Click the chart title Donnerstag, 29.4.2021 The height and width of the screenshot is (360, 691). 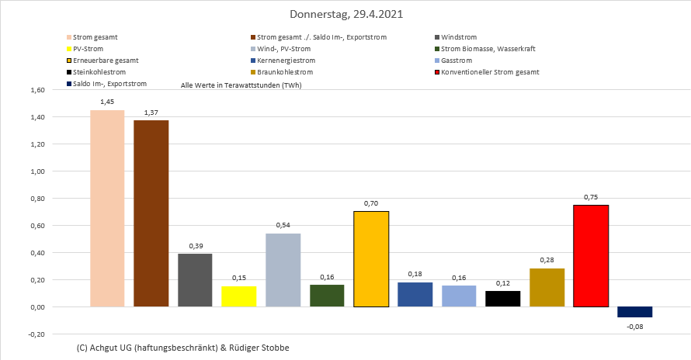coord(346,15)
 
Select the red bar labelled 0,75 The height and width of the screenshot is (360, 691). coord(591,256)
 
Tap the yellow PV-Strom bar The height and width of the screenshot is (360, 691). coord(238,296)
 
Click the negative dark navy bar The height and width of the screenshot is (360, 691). coord(634,312)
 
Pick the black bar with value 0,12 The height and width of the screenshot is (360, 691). coord(502,299)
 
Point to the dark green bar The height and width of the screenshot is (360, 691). coord(326,296)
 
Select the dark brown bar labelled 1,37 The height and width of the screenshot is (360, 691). coord(151,213)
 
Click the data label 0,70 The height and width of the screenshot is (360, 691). coord(370,203)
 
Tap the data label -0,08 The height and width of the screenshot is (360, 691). coord(634,327)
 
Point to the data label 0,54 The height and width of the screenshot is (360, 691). coord(283,225)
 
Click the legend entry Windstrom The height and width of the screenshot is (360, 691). coord(459,37)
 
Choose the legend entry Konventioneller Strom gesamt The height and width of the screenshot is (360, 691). coord(489,72)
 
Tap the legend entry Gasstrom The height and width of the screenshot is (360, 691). coord(457,61)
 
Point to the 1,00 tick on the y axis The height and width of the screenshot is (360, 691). coord(37,171)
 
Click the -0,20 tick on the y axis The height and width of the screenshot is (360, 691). coord(36,334)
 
